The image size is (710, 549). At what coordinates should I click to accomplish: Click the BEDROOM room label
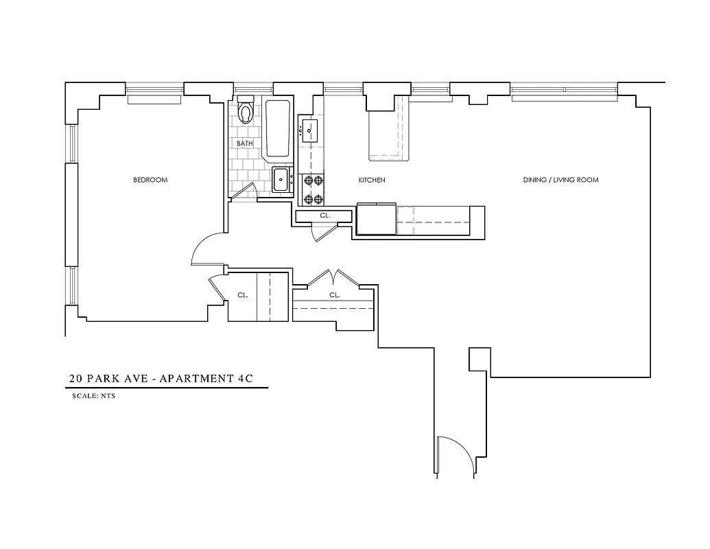150,180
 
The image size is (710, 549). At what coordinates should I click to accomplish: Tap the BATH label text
245,143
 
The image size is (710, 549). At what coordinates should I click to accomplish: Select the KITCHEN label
372,180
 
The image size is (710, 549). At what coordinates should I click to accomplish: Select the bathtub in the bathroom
279,129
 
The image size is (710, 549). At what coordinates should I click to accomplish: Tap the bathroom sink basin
281,180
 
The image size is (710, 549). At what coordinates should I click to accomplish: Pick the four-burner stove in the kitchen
313,190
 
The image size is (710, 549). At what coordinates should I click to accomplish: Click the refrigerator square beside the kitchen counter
375,220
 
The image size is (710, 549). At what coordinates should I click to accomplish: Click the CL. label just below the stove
324,215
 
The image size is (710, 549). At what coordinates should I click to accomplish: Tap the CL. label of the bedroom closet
242,295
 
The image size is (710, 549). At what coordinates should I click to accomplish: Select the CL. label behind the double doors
334,295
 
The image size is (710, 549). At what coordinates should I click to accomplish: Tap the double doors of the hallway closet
332,277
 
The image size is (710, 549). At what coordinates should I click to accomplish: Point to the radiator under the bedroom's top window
154,100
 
